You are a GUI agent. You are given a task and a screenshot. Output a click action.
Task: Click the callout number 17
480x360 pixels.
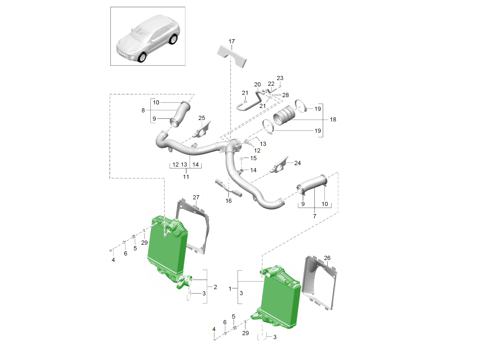pyautogui.click(x=232, y=41)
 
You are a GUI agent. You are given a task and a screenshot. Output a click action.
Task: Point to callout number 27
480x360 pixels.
pyautogui.click(x=196, y=197)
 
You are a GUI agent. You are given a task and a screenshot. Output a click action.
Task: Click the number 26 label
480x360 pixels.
pyautogui.click(x=328, y=258)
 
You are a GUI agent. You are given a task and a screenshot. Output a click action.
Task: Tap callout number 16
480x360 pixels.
pyautogui.click(x=228, y=201)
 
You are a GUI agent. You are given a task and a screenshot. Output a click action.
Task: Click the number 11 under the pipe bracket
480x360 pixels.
pyautogui.click(x=186, y=176)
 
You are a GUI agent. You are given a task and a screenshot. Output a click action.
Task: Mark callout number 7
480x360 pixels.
pyautogui.click(x=314, y=216)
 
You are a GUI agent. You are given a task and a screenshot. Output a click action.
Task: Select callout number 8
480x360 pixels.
pyautogui.click(x=143, y=110)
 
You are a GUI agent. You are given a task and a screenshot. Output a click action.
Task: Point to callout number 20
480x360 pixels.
pyautogui.click(x=257, y=84)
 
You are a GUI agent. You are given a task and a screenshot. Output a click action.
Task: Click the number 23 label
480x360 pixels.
pyautogui.click(x=280, y=78)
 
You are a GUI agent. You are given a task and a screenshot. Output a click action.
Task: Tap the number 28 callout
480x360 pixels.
pyautogui.click(x=285, y=95)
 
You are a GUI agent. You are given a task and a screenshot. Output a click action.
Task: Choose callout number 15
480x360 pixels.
pyautogui.click(x=253, y=158)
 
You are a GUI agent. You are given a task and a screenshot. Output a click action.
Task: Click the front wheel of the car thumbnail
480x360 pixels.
pyautogui.click(x=142, y=58)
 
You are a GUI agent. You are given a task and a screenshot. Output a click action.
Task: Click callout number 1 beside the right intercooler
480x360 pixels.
pyautogui.click(x=230, y=288)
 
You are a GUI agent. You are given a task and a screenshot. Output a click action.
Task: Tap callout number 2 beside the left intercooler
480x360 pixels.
pyautogui.click(x=215, y=287)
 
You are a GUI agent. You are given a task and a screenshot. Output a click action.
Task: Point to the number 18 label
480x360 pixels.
pyautogui.click(x=332, y=119)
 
